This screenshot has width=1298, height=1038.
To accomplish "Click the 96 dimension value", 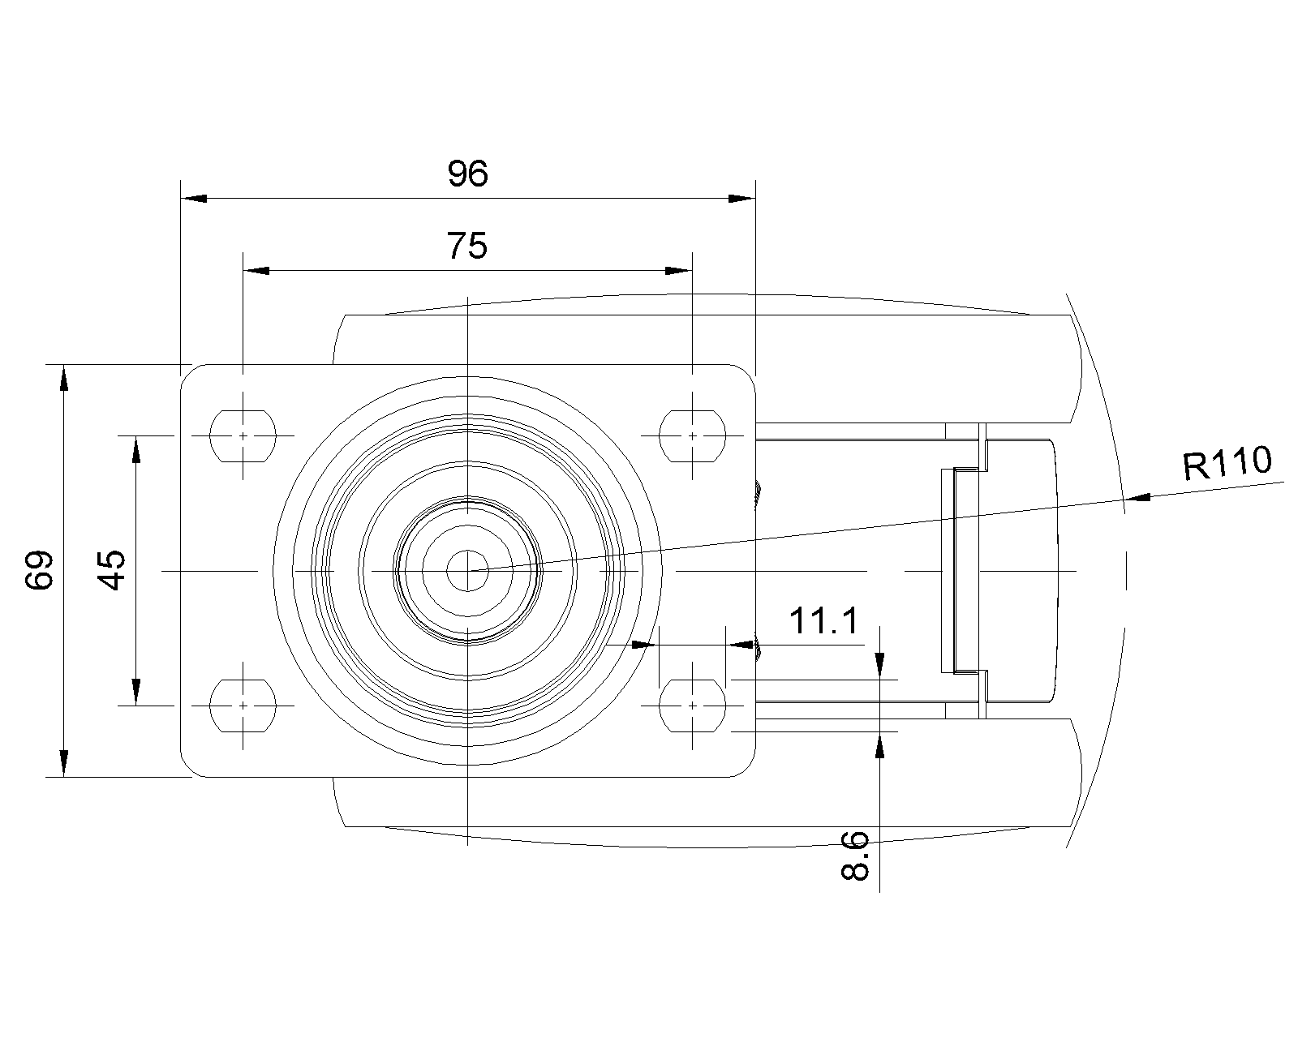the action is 467,174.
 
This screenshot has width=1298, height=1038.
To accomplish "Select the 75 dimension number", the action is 466,246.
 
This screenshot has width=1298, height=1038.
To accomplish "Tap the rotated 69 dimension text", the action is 40,570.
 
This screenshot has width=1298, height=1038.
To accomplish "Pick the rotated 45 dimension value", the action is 112,570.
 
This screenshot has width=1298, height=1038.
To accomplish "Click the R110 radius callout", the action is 1227,463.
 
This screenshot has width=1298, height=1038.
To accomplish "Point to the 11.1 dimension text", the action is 823,621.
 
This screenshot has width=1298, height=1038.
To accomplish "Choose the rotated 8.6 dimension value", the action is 855,856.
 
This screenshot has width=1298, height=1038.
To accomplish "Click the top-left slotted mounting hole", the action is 243,435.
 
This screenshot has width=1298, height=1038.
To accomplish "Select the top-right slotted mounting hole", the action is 693,435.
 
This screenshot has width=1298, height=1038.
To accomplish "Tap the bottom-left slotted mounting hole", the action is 243,705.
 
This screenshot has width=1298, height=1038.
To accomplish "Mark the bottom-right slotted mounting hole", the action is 693,705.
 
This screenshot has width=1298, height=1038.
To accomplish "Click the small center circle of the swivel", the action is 467,571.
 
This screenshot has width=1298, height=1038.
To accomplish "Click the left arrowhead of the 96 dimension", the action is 194,199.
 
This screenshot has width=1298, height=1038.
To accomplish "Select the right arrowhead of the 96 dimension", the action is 741,199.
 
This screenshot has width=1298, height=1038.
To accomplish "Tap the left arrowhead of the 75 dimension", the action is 256,271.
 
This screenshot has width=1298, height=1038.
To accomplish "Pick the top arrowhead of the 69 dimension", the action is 65,378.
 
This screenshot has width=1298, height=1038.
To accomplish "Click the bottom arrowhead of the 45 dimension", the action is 136,692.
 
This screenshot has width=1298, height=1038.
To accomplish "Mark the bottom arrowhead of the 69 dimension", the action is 65,764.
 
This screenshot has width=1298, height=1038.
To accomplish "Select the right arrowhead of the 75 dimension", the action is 678,271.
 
